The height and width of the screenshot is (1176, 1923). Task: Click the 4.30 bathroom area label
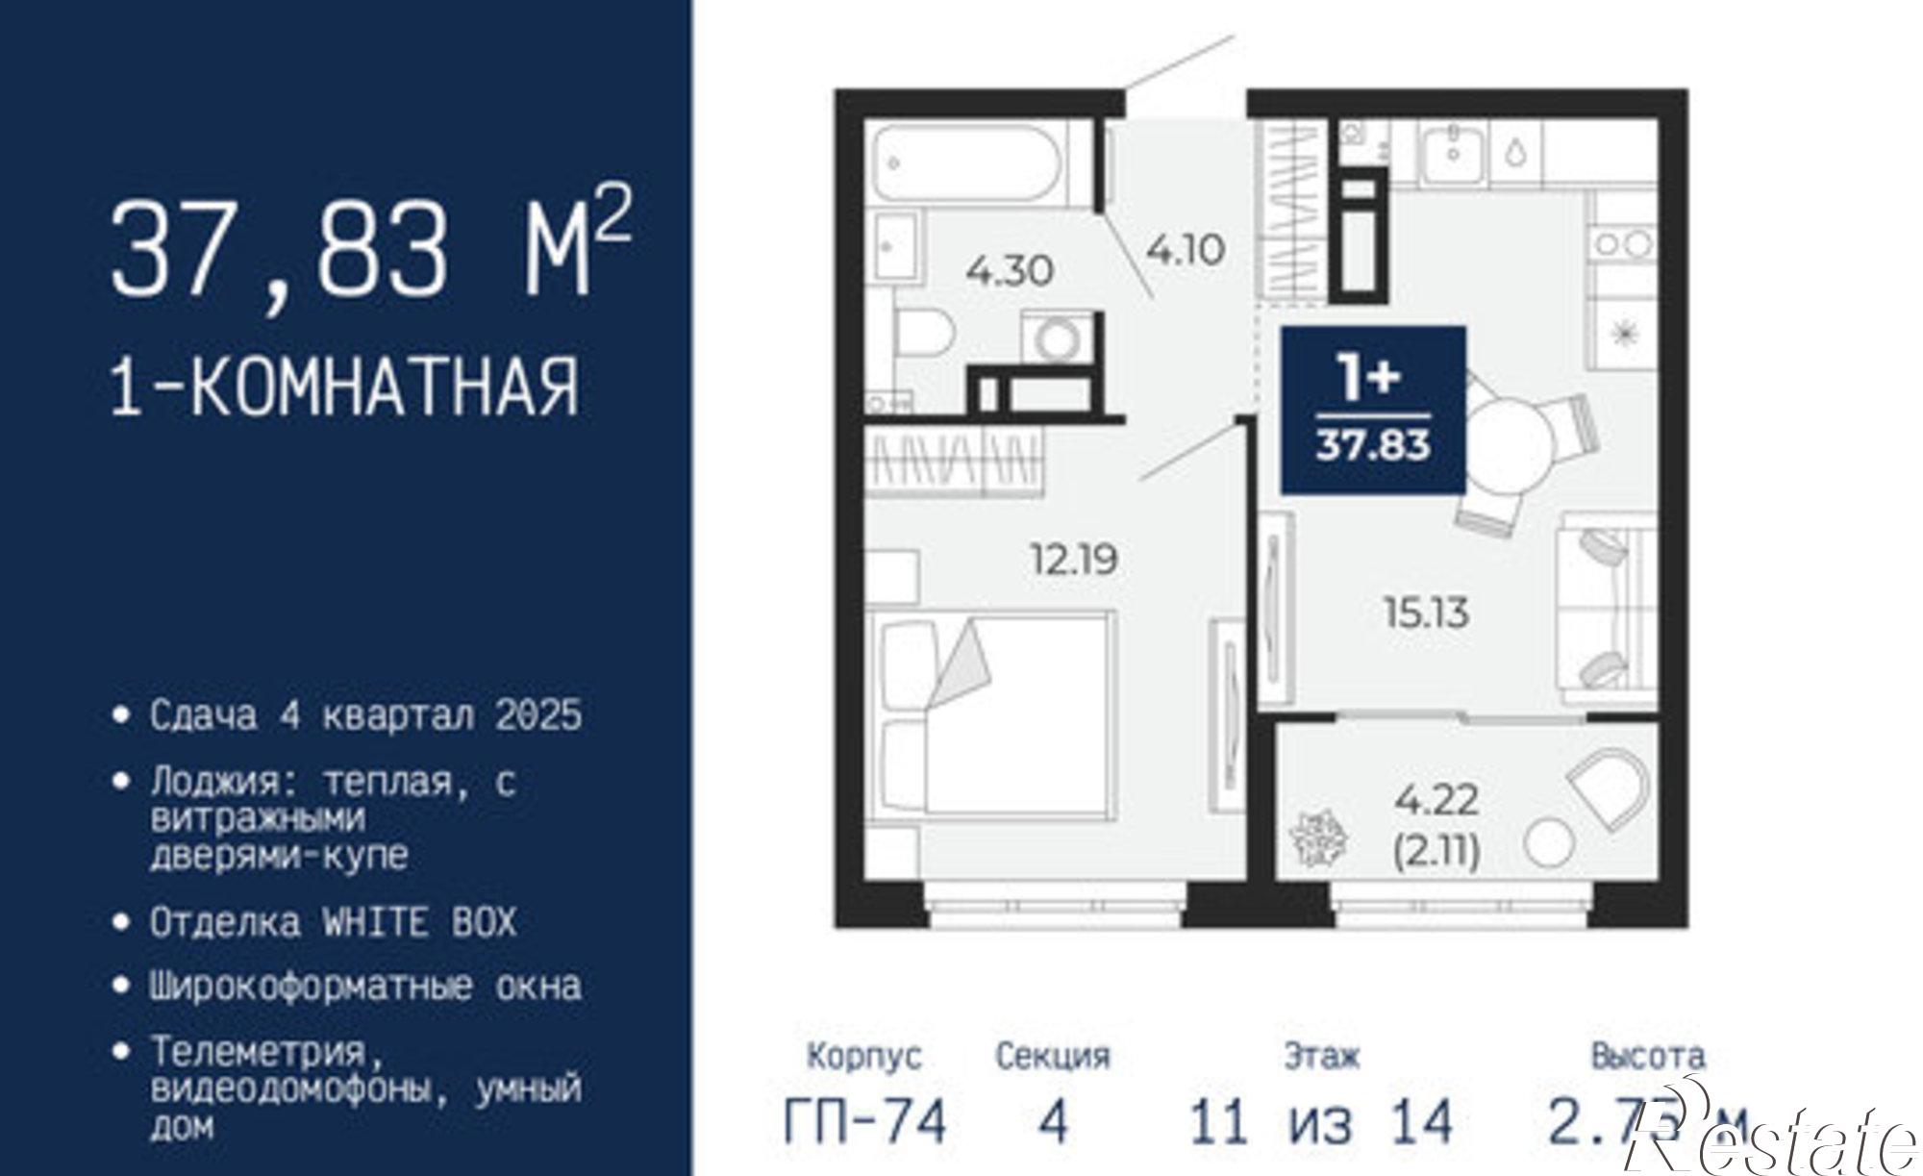coord(1010,271)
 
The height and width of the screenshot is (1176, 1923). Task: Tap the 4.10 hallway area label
coord(1186,250)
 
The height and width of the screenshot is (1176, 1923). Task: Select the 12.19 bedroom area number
coord(1074,559)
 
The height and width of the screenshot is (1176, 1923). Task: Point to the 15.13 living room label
coord(1426,613)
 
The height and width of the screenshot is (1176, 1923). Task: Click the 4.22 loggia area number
coord(1436,798)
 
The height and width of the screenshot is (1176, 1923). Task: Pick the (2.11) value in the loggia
coord(1436,850)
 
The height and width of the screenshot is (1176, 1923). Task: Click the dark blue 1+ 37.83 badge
coord(1373,410)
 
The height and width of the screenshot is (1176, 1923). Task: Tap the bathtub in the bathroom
coord(967,164)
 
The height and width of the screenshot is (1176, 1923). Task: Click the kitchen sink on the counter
coord(1453,153)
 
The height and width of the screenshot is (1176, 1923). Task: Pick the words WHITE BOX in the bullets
coord(418,923)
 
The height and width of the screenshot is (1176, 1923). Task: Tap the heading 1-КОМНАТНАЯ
coord(345,387)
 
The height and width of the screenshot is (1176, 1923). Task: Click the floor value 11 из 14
coord(1321,1122)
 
